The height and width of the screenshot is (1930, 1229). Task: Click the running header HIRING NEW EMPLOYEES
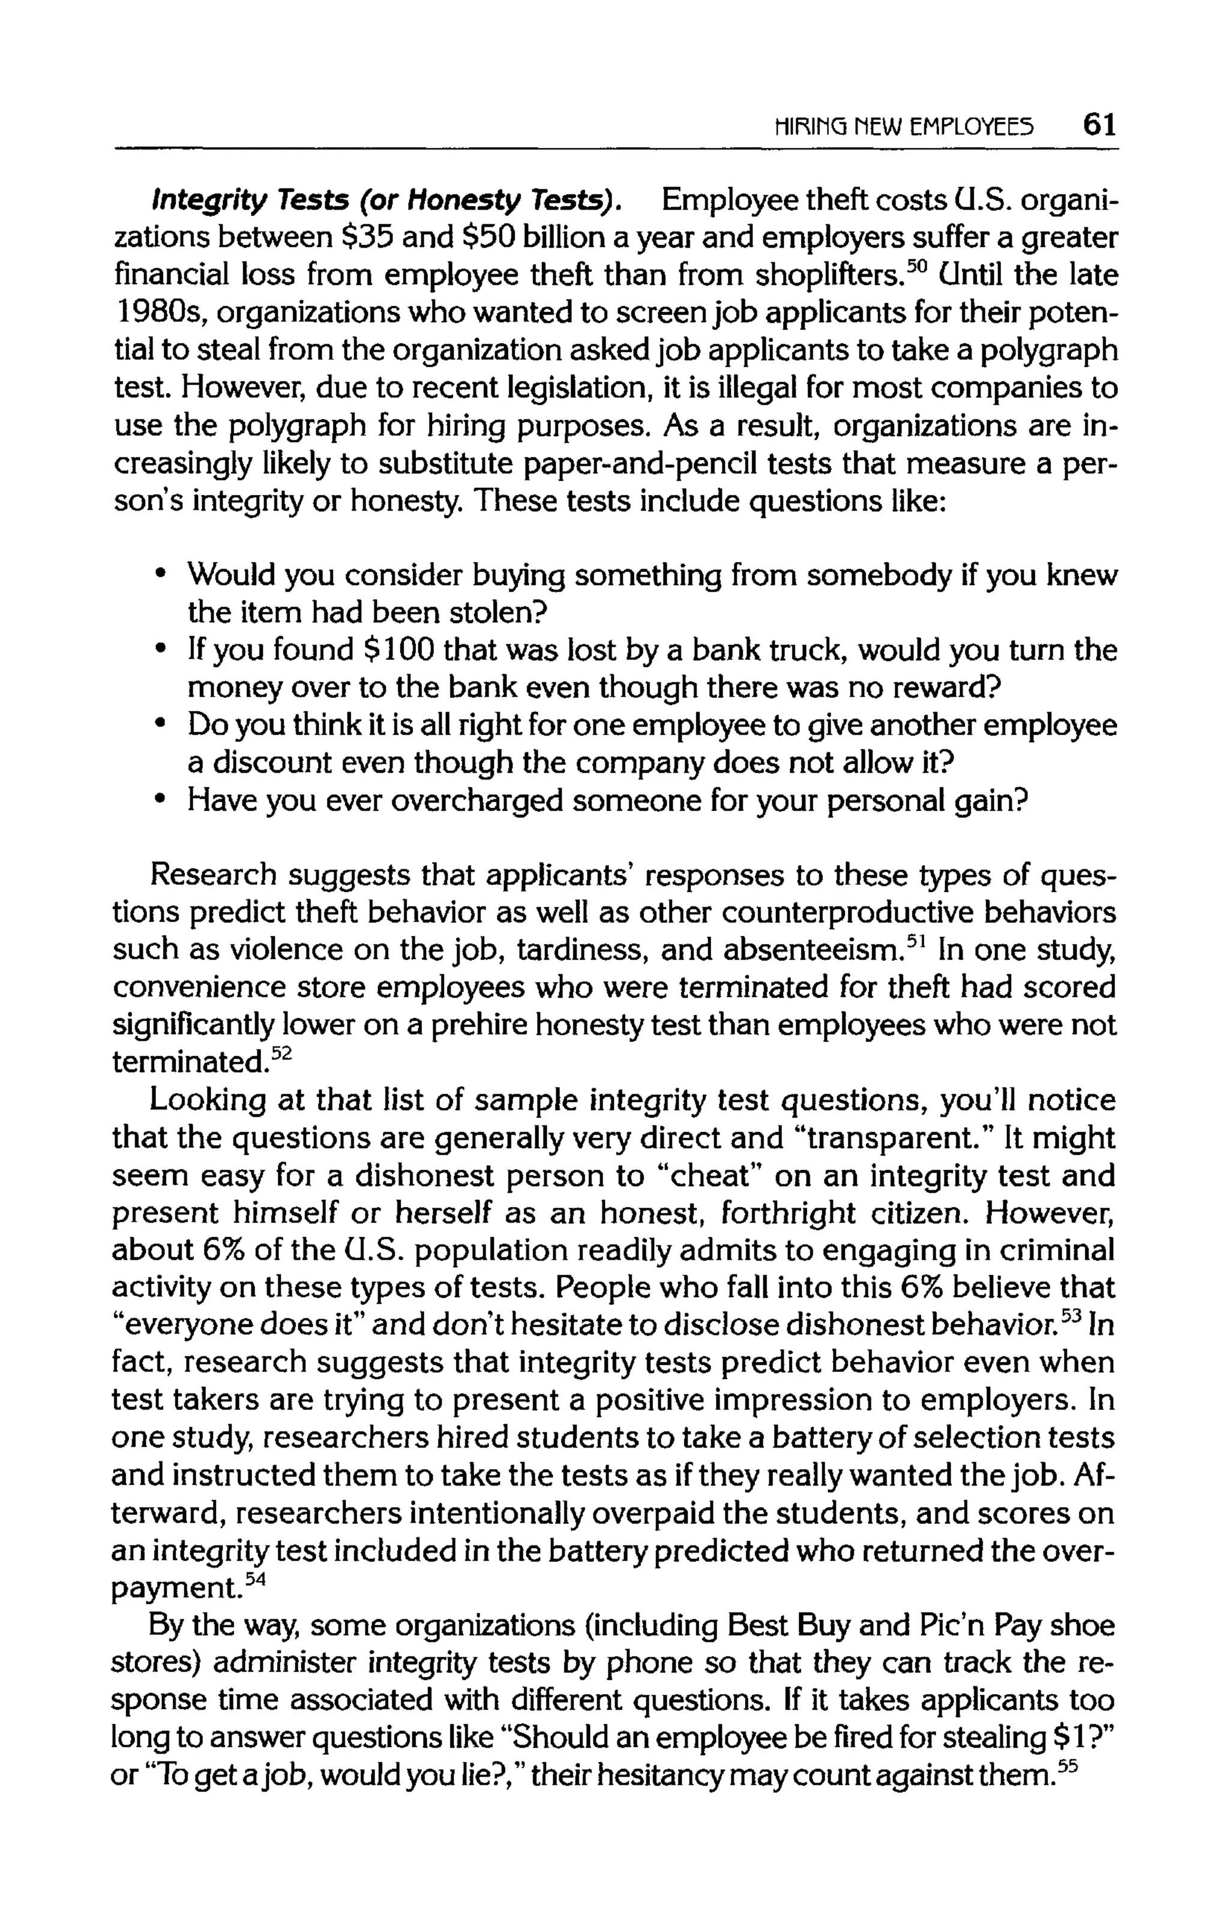coord(903,127)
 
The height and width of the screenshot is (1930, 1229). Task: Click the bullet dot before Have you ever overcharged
coord(162,799)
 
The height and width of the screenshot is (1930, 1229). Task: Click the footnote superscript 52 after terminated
coord(284,1055)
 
